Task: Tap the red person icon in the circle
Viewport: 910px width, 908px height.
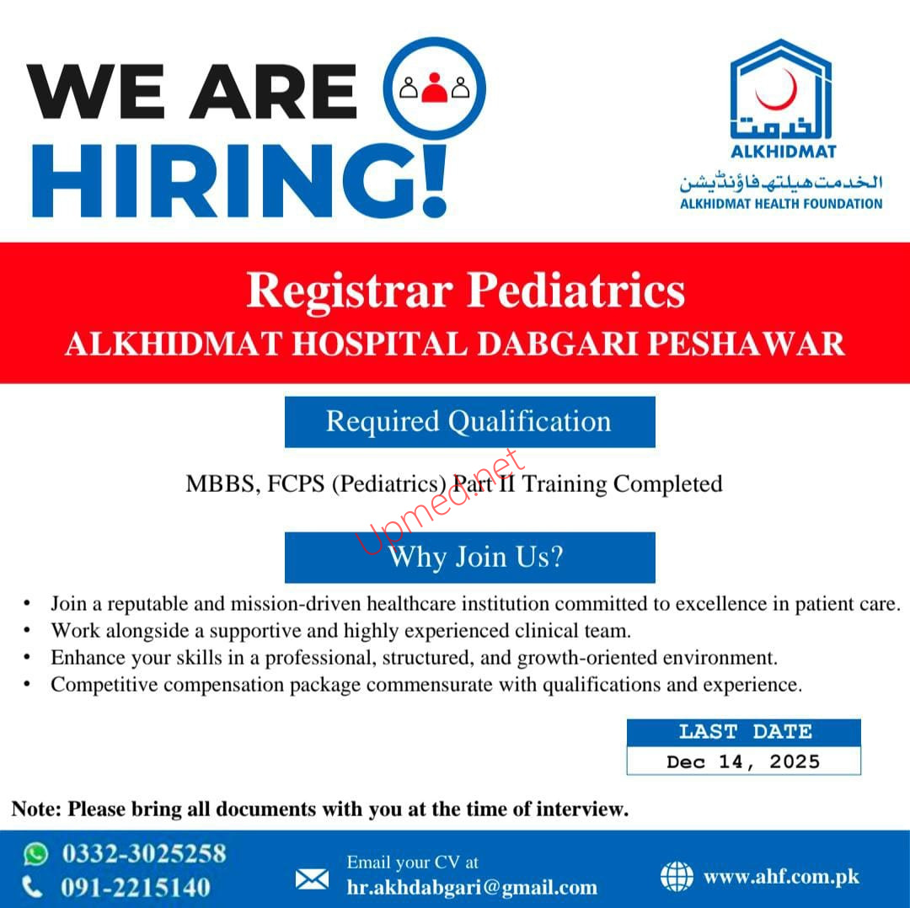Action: [435, 87]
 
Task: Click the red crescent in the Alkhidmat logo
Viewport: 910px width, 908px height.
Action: [779, 91]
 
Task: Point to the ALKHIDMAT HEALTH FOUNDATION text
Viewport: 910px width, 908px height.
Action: [781, 203]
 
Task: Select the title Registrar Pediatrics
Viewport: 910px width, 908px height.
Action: [465, 291]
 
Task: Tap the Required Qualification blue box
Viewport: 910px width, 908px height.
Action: [469, 421]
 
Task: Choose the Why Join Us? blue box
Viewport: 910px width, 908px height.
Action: [469, 557]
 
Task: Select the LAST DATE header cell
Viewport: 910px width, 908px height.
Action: [743, 732]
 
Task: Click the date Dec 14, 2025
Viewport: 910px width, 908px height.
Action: [743, 761]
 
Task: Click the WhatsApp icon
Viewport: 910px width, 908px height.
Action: [35, 854]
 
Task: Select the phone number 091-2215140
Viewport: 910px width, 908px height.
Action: [136, 887]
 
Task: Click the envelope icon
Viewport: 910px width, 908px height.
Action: [312, 879]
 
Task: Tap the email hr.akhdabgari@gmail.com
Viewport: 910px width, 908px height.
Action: [472, 887]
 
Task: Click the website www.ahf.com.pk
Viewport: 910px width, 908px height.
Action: [781, 877]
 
